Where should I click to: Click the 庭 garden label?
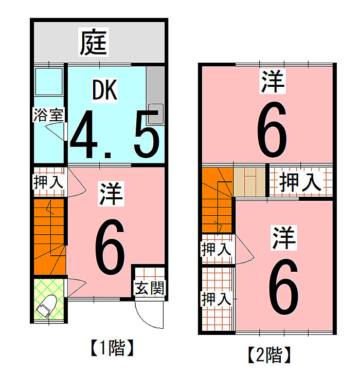click(x=95, y=42)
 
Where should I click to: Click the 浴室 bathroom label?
click(x=48, y=115)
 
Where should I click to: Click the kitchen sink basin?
click(x=155, y=114)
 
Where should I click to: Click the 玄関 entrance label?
click(x=150, y=288)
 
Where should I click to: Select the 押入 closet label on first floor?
click(x=48, y=181)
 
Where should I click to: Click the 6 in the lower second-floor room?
click(x=283, y=288)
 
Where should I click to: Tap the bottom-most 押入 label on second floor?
click(x=216, y=299)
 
